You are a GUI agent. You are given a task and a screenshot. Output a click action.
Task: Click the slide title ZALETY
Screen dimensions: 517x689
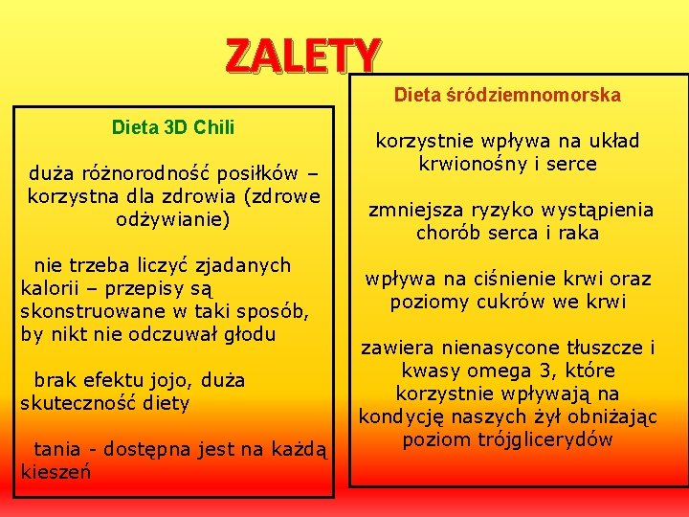[x=303, y=56]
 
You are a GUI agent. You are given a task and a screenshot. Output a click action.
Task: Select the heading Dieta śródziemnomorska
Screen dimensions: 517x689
[x=507, y=96]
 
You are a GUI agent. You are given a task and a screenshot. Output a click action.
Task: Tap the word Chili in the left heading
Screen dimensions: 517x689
[x=212, y=127]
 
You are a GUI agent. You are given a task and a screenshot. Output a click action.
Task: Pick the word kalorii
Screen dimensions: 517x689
[x=49, y=288]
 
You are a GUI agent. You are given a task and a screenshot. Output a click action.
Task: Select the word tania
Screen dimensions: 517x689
[x=56, y=449]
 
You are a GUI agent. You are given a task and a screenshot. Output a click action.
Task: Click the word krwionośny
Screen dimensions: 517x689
[x=471, y=164]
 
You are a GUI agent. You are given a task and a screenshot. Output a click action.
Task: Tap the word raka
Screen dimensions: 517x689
[x=578, y=233]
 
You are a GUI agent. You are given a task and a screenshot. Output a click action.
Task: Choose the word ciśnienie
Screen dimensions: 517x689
[x=505, y=279]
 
